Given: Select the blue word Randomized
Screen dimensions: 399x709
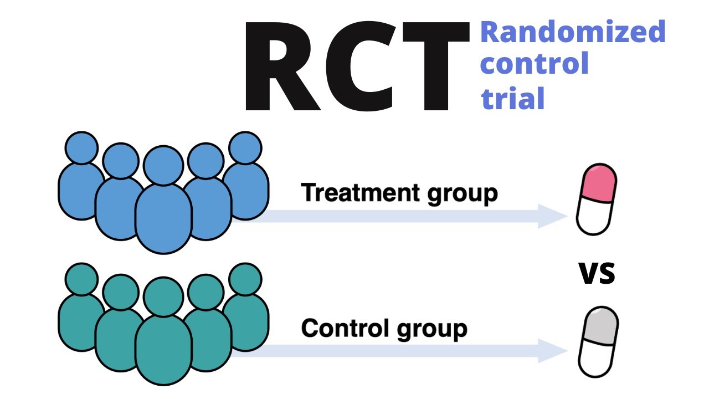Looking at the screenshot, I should [x=573, y=32].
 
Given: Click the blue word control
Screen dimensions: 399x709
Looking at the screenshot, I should [x=534, y=64].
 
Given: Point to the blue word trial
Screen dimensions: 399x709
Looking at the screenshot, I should [x=513, y=98].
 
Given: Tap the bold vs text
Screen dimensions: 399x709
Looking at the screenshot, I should [x=597, y=273].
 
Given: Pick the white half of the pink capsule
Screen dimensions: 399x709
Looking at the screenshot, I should [x=593, y=218].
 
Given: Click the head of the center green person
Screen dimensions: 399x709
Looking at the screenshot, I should [x=163, y=296].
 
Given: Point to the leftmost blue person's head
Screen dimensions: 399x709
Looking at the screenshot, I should [x=81, y=148].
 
